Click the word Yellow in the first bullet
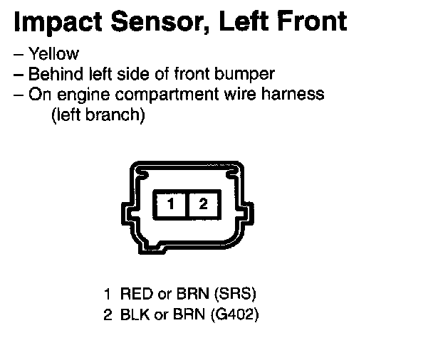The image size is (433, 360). point(53,54)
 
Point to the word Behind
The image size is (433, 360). point(51,73)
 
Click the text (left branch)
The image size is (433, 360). point(98,115)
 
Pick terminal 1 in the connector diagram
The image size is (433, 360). point(171,205)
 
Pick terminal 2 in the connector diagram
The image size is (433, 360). point(203,205)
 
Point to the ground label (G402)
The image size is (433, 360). point(235,313)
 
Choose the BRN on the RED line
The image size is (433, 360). point(189,293)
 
